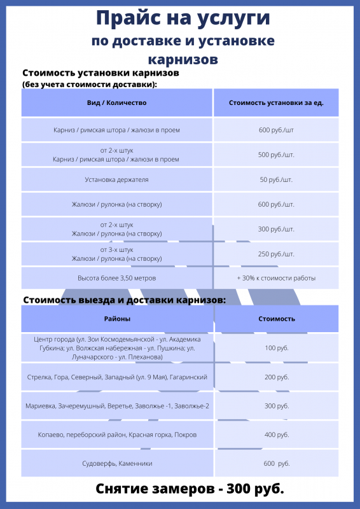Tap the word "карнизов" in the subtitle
tap(183, 60)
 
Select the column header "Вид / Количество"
tap(117, 102)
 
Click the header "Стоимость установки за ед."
tap(276, 102)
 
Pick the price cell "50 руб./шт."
tap(276, 179)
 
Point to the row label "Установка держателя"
tap(117, 179)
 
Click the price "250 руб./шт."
tap(276, 254)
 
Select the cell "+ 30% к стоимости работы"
tap(276, 278)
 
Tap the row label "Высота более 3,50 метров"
tap(117, 278)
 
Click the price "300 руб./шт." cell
tap(276, 229)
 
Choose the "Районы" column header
tap(117, 318)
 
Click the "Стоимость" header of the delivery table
tap(276, 318)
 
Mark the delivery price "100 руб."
tap(276, 348)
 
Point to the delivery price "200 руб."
tap(276, 377)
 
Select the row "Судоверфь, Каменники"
tap(117, 463)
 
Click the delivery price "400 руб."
tap(276, 435)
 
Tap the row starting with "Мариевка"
tap(117, 406)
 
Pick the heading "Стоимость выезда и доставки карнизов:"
tap(125, 300)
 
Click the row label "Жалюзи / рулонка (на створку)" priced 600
tap(117, 204)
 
